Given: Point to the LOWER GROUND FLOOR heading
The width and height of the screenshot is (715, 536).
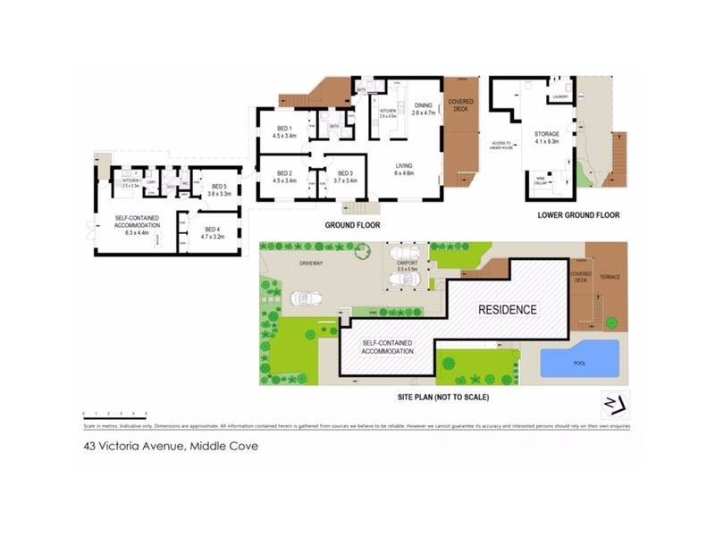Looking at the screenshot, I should click(578, 215).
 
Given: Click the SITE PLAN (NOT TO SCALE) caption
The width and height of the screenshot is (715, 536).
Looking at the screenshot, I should click(445, 396).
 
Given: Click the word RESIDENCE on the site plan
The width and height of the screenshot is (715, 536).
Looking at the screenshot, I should click(507, 310).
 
